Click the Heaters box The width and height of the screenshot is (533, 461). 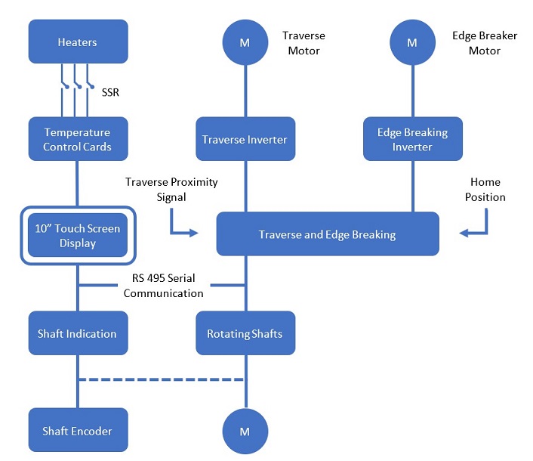79,42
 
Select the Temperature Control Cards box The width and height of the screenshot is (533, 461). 79,139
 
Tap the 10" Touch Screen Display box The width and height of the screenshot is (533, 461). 78,235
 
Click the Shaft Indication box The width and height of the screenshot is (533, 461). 79,333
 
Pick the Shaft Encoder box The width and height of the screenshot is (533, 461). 79,430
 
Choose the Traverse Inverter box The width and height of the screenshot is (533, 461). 245,139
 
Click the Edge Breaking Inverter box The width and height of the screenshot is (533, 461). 413,139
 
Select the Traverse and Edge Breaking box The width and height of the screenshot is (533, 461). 328,234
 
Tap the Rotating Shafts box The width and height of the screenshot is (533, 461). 245,333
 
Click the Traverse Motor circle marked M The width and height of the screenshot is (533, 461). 245,42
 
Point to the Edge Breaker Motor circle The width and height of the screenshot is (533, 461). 413,42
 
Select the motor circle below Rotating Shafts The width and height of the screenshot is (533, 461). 245,432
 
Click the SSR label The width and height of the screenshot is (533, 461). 110,92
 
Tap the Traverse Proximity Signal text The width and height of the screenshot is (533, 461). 171,190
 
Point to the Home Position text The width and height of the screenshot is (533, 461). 485,190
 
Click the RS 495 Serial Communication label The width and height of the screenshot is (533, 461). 164,286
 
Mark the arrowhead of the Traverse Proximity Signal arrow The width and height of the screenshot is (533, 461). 195,233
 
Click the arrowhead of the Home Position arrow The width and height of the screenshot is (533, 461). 463,233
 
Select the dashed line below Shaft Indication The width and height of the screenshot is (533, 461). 162,379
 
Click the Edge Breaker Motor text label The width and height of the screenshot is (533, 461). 485,43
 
